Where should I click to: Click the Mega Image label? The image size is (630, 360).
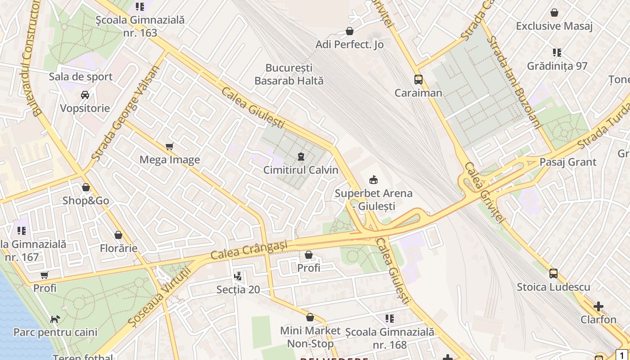170,160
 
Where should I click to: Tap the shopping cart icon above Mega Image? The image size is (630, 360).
170,146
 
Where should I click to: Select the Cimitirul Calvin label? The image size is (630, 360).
301,170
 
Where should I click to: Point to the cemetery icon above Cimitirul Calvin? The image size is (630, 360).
301,157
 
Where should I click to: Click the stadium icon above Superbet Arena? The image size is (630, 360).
373,180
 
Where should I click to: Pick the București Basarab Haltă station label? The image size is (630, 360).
289,74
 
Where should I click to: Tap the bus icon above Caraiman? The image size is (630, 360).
418,80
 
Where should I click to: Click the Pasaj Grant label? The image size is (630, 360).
568,162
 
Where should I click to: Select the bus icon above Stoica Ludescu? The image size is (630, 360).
553,273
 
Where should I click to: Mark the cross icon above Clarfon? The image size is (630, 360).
598,306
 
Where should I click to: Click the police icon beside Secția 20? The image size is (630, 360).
238,276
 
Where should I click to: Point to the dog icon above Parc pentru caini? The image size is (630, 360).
55,319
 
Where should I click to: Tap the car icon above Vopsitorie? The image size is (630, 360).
85,95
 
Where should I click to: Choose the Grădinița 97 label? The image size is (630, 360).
557,66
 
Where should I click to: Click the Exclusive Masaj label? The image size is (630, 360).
554,26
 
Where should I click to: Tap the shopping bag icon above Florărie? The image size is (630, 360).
118,235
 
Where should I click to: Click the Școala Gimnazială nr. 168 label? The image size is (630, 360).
390,338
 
